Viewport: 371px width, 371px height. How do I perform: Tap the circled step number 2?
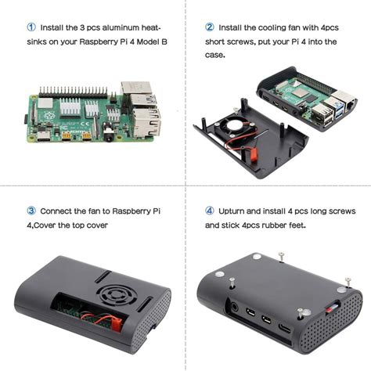[210, 26]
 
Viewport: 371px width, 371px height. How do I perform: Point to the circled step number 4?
[210, 210]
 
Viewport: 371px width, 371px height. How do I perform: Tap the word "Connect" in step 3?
[59, 210]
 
